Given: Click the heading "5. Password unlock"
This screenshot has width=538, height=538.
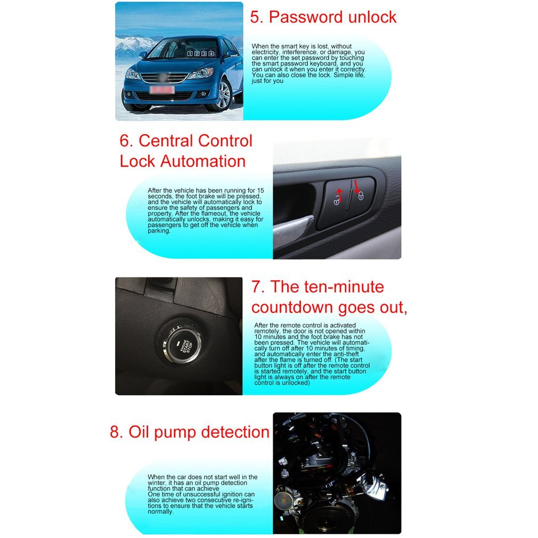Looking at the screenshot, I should pyautogui.click(x=323, y=17).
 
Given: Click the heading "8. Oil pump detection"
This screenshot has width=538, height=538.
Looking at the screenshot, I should pyautogui.click(x=190, y=432).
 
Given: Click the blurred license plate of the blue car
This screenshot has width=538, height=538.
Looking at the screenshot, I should pyautogui.click(x=162, y=90).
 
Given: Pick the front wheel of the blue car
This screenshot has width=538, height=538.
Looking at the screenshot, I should pyautogui.click(x=224, y=96).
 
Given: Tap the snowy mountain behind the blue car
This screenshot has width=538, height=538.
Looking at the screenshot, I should pyautogui.click(x=131, y=45).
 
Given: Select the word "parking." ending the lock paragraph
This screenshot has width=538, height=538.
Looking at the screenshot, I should pyautogui.click(x=159, y=231).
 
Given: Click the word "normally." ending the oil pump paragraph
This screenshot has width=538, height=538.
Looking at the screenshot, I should pyautogui.click(x=160, y=511).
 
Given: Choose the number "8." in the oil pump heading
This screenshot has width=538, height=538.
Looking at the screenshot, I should pyautogui.click(x=116, y=432).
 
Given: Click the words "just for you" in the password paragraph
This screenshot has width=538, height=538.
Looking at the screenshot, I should pyautogui.click(x=267, y=80).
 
